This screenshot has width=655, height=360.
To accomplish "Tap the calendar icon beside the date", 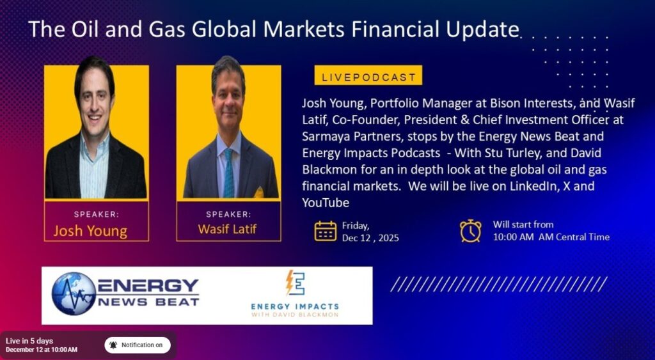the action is pyautogui.click(x=326, y=231).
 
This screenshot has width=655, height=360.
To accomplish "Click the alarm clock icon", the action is pyautogui.click(x=471, y=231).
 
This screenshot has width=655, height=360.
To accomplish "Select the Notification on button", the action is pyautogui.click(x=138, y=345).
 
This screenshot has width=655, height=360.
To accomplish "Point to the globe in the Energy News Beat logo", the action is pyautogui.click(x=74, y=293).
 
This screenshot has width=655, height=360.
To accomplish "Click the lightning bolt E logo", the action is pyautogui.click(x=295, y=283).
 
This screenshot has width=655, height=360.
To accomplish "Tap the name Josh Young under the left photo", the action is pyautogui.click(x=90, y=231).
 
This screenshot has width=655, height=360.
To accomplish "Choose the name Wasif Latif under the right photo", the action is pyautogui.click(x=227, y=229).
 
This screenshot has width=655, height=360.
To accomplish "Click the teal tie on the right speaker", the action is pyautogui.click(x=228, y=173).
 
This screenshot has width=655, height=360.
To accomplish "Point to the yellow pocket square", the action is pyautogui.click(x=259, y=192).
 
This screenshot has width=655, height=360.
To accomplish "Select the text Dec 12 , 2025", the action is pyautogui.click(x=370, y=238).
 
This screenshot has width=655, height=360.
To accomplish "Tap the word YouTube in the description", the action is pyautogui.click(x=326, y=203).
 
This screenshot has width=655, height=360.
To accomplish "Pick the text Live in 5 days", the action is pyautogui.click(x=29, y=341).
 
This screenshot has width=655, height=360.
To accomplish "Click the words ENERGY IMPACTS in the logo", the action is pyautogui.click(x=295, y=306).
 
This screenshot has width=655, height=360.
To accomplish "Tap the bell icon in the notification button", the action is pyautogui.click(x=113, y=345).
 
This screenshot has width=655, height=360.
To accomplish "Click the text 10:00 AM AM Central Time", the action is pyautogui.click(x=551, y=237).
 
